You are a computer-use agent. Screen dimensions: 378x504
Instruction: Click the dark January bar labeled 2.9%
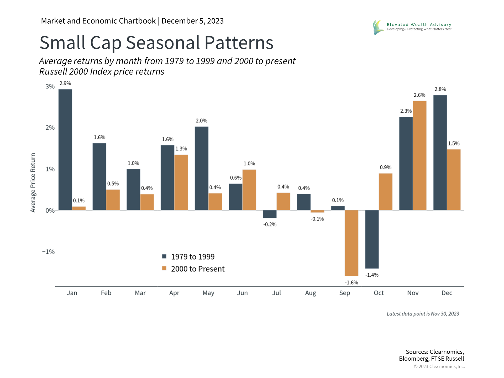tap(65, 150)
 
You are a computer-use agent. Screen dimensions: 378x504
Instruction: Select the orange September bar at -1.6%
tap(351, 243)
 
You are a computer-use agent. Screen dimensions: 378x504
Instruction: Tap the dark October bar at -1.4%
tap(372, 239)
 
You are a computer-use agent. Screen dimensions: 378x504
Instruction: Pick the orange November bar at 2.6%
tap(419, 155)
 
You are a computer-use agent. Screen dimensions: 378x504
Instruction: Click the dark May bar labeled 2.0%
tap(201, 168)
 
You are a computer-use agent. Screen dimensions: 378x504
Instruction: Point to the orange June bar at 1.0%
tap(249, 190)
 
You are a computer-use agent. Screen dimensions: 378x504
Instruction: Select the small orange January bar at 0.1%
tap(79, 208)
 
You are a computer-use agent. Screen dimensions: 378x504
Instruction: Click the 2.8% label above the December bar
tap(440, 89)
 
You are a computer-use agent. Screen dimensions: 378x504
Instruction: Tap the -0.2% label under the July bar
tap(270, 224)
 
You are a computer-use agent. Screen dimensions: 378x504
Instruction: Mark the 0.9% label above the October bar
tap(385, 167)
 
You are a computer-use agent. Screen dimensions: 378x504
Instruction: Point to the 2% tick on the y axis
tap(50, 128)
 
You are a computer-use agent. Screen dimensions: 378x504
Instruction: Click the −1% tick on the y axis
tap(49, 252)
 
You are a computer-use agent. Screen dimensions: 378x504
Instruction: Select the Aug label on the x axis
tap(311, 293)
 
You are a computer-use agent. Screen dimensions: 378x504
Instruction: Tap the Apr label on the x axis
tap(174, 293)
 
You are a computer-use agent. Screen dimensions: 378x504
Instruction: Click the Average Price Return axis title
tap(33, 182)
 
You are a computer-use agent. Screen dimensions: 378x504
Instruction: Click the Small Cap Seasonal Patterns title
tap(156, 43)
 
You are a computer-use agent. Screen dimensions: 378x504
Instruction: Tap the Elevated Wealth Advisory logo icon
tap(378, 27)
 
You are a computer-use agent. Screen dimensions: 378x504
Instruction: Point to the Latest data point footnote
tap(423, 314)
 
